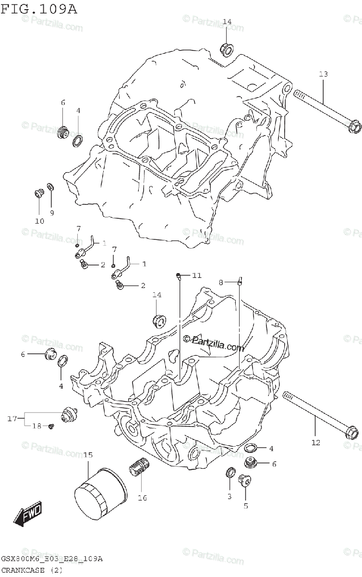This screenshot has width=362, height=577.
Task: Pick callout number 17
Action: [x=12, y=419]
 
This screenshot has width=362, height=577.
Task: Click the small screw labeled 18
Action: [x=51, y=426]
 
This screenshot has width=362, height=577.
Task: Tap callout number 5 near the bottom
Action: [x=245, y=505]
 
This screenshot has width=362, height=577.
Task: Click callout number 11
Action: [x=197, y=275]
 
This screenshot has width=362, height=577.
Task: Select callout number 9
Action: [x=51, y=213]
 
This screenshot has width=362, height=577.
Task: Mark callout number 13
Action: [x=323, y=74]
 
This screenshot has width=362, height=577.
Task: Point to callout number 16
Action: [x=142, y=498]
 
